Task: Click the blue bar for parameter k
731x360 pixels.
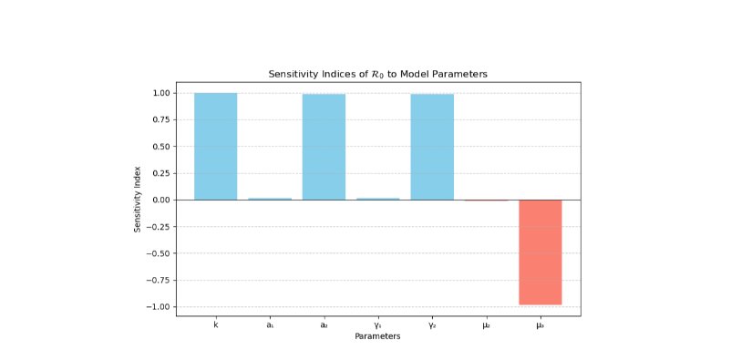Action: tap(215, 147)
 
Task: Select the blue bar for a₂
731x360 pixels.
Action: tap(324, 147)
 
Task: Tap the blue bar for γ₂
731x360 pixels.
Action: tap(432, 147)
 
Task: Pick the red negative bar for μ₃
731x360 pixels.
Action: tap(541, 252)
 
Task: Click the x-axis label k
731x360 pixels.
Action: tap(215, 325)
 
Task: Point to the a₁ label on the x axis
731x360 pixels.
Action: tap(270, 325)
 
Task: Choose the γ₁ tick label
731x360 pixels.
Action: tap(378, 326)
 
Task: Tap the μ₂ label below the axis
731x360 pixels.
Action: tap(486, 326)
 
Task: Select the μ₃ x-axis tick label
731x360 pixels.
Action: tap(541, 326)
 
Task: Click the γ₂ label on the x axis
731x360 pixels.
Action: tap(432, 326)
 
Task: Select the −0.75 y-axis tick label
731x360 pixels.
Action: tap(160, 281)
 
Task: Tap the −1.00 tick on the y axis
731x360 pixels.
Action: tap(160, 307)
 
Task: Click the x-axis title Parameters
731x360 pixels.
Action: tap(377, 336)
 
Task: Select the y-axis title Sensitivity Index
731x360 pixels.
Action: tap(138, 199)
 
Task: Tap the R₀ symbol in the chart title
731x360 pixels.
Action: tap(377, 75)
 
